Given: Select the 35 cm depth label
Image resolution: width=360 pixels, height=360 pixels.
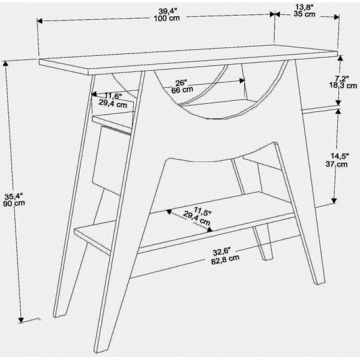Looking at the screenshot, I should [x=305, y=14].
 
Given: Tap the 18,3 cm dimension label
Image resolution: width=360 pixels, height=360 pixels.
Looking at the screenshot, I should [x=344, y=86].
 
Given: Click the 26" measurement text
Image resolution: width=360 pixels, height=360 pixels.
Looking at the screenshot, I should [x=181, y=82].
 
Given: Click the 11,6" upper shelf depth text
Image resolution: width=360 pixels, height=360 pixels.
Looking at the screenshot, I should [x=113, y=96].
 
